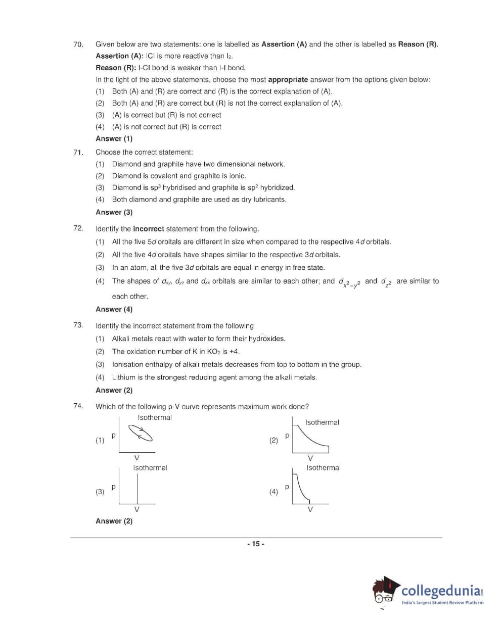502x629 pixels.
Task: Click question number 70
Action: point(78,44)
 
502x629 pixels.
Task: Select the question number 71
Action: point(78,153)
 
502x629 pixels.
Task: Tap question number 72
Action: point(78,228)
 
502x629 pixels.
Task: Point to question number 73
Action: point(78,325)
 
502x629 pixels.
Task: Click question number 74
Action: point(78,406)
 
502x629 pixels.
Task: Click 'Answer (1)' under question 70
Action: point(114,139)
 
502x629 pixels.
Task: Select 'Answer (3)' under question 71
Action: point(114,213)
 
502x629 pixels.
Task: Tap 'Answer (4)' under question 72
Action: point(114,310)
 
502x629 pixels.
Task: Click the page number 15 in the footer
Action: point(256,544)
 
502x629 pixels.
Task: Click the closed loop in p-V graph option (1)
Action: point(140,432)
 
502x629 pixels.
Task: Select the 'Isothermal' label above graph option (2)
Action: point(322,422)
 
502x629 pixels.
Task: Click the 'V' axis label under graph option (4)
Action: point(310,509)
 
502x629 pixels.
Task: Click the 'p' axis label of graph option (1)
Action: point(113,435)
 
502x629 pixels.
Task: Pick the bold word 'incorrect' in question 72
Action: point(149,229)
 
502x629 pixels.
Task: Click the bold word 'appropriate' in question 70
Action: point(288,80)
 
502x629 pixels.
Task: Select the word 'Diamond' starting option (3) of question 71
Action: point(126,187)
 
